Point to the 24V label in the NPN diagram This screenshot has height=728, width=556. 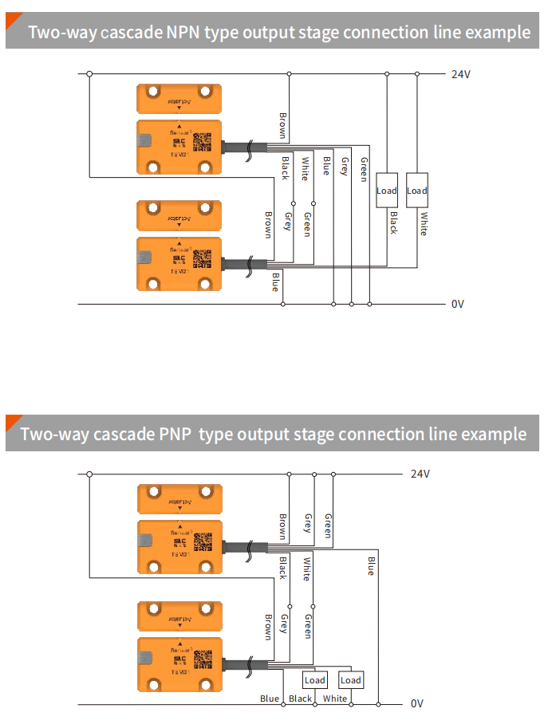pyautogui.click(x=461, y=74)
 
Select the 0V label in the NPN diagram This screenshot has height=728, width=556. pyautogui.click(x=457, y=304)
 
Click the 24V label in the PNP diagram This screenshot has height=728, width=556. pyautogui.click(x=420, y=474)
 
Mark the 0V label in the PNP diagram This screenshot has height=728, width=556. pyautogui.click(x=416, y=703)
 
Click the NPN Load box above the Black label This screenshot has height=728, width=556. pyautogui.click(x=387, y=191)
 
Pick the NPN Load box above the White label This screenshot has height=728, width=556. pyautogui.click(x=417, y=191)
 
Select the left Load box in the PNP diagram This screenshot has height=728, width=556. pyautogui.click(x=315, y=680)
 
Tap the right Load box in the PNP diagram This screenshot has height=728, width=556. pyautogui.click(x=351, y=680)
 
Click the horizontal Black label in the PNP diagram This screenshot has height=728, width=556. pyautogui.click(x=301, y=699)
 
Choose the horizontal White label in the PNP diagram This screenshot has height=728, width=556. pyautogui.click(x=335, y=699)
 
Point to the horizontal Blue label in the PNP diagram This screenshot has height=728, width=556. pyautogui.click(x=270, y=699)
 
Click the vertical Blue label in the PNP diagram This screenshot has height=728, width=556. pyautogui.click(x=370, y=566)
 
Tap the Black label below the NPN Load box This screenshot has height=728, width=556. pyautogui.click(x=392, y=222)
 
